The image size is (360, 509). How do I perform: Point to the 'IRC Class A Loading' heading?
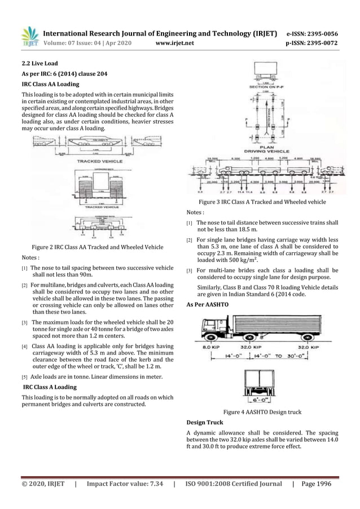tap(49, 387)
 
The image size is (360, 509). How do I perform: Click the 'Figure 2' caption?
tap(98, 247)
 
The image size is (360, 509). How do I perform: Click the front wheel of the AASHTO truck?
tap(210, 339)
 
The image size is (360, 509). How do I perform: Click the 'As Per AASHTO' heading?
tap(207, 305)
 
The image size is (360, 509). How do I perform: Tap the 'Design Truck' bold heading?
tap(204, 422)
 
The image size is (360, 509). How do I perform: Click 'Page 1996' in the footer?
tap(317, 484)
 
